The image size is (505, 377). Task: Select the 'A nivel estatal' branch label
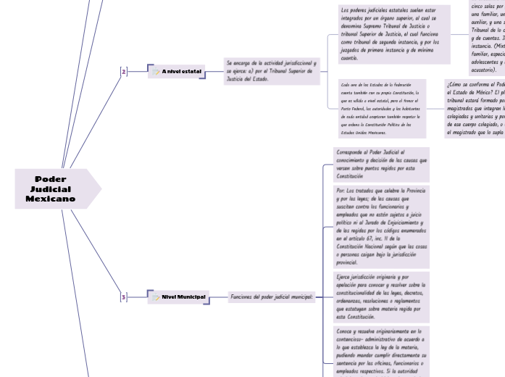tap(182, 71)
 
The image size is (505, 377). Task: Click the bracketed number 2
tap(123, 71)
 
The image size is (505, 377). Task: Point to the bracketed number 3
tap(123, 297)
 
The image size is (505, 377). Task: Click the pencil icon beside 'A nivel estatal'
tap(156, 72)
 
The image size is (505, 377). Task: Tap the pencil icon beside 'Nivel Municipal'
tap(156, 297)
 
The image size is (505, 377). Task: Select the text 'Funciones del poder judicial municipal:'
tap(272, 297)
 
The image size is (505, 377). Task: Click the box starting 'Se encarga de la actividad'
tap(271, 71)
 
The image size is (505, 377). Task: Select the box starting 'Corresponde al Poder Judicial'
tap(381, 165)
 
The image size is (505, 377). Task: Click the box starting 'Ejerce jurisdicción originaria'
tap(381, 296)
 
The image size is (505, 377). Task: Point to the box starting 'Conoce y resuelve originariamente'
tap(381, 352)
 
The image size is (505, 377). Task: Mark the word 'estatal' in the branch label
tap(192, 71)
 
